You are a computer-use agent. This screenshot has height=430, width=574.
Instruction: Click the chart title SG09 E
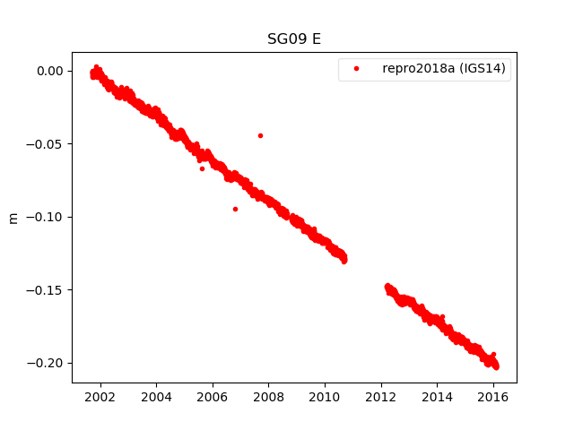tap(294, 39)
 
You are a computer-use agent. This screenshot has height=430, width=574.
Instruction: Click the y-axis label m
tap(13, 218)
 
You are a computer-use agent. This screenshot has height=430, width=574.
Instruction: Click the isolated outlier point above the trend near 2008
tap(260, 135)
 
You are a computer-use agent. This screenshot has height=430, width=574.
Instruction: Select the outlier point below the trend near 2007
tap(235, 209)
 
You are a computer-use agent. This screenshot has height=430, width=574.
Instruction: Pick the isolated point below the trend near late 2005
tap(202, 168)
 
